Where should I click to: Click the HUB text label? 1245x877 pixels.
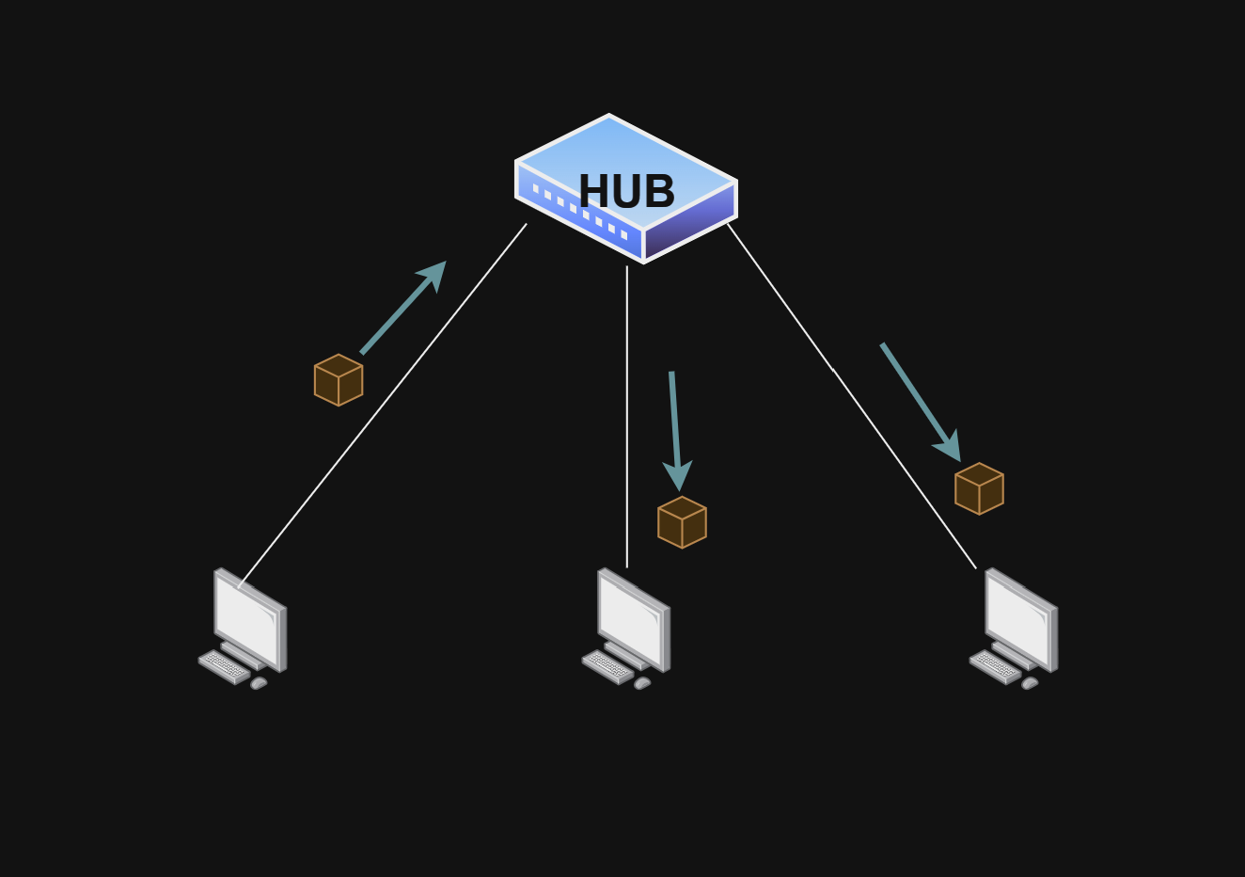click(x=626, y=192)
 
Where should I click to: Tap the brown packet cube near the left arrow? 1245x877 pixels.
click(x=339, y=380)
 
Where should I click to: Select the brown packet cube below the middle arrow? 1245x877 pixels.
click(x=682, y=522)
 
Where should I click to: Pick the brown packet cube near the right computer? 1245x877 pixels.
click(x=979, y=488)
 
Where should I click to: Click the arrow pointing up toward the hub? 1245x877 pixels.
click(x=402, y=308)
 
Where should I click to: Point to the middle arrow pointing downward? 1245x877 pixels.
click(x=675, y=428)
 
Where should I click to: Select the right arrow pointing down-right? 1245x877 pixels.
click(x=920, y=401)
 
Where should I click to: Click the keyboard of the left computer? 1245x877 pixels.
click(x=224, y=666)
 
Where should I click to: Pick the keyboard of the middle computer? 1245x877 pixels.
click(x=607, y=666)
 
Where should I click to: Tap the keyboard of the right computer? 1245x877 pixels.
click(x=995, y=666)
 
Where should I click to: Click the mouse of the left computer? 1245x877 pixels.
click(x=259, y=683)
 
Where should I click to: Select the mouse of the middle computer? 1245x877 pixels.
click(x=642, y=683)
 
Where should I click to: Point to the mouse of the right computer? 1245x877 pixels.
click(x=1030, y=683)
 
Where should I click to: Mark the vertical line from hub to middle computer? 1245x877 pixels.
click(x=627, y=414)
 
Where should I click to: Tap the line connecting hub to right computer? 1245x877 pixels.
click(x=851, y=395)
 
